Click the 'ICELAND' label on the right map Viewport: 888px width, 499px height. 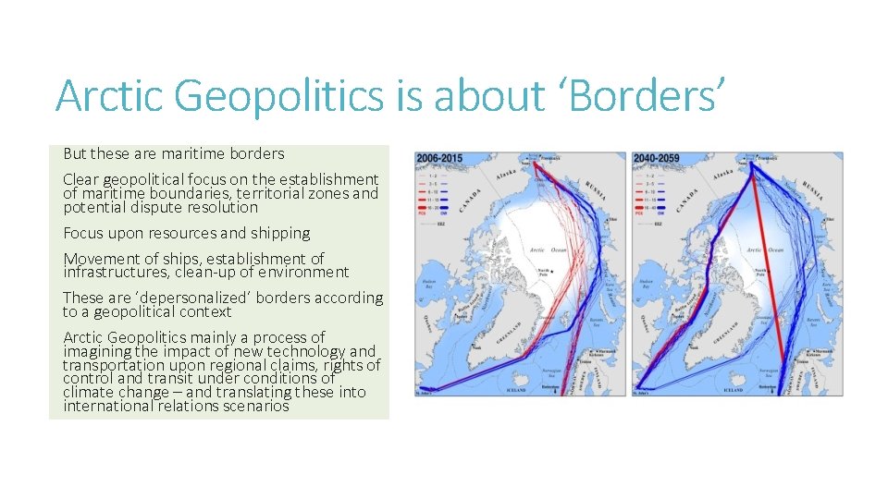(x=732, y=391)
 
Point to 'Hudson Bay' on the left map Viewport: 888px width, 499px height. (x=428, y=285)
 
